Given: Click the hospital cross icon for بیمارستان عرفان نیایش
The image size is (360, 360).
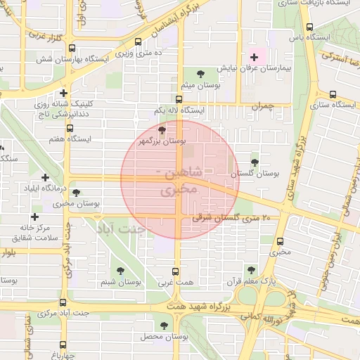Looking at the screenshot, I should point(254,56).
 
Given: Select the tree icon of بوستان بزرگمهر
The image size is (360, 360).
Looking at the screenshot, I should point(162,130).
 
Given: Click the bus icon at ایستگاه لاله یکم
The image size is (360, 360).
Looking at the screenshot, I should point(178,99).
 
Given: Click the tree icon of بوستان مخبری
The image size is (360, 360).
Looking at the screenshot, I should point(76,192).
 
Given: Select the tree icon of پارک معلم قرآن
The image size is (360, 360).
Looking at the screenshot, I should point(250,269).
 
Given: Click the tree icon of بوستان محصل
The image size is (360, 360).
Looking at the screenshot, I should point(164,326).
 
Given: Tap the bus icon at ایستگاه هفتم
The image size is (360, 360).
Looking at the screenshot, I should point(70,128).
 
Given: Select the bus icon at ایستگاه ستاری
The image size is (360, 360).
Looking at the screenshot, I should point(332,93).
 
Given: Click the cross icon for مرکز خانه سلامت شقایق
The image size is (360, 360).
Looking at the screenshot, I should point(34,217).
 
